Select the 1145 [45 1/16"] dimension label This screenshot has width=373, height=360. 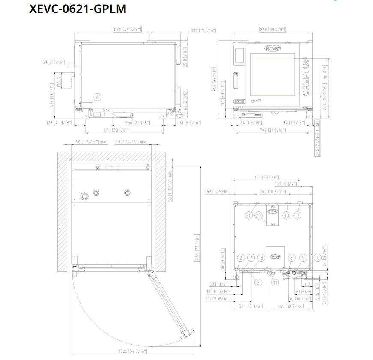pyautogui.click(x=127, y=30)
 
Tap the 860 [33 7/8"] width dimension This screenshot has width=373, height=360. pyautogui.click(x=272, y=30)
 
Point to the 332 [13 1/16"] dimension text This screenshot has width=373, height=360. pyautogui.click(x=203, y=31)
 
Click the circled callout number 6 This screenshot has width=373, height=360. pyautogui.click(x=97, y=97)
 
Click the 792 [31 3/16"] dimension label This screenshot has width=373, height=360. pyautogui.click(x=272, y=130)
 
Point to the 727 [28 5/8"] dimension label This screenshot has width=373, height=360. pyautogui.click(x=266, y=177)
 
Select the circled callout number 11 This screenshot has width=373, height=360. pyautogui.click(x=275, y=283)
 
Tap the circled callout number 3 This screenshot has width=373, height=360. pyautogui.click(x=258, y=282)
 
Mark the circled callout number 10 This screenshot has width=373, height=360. pyautogui.click(x=317, y=258)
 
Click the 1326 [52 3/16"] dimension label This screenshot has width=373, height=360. pyautogui.click(x=132, y=351)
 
